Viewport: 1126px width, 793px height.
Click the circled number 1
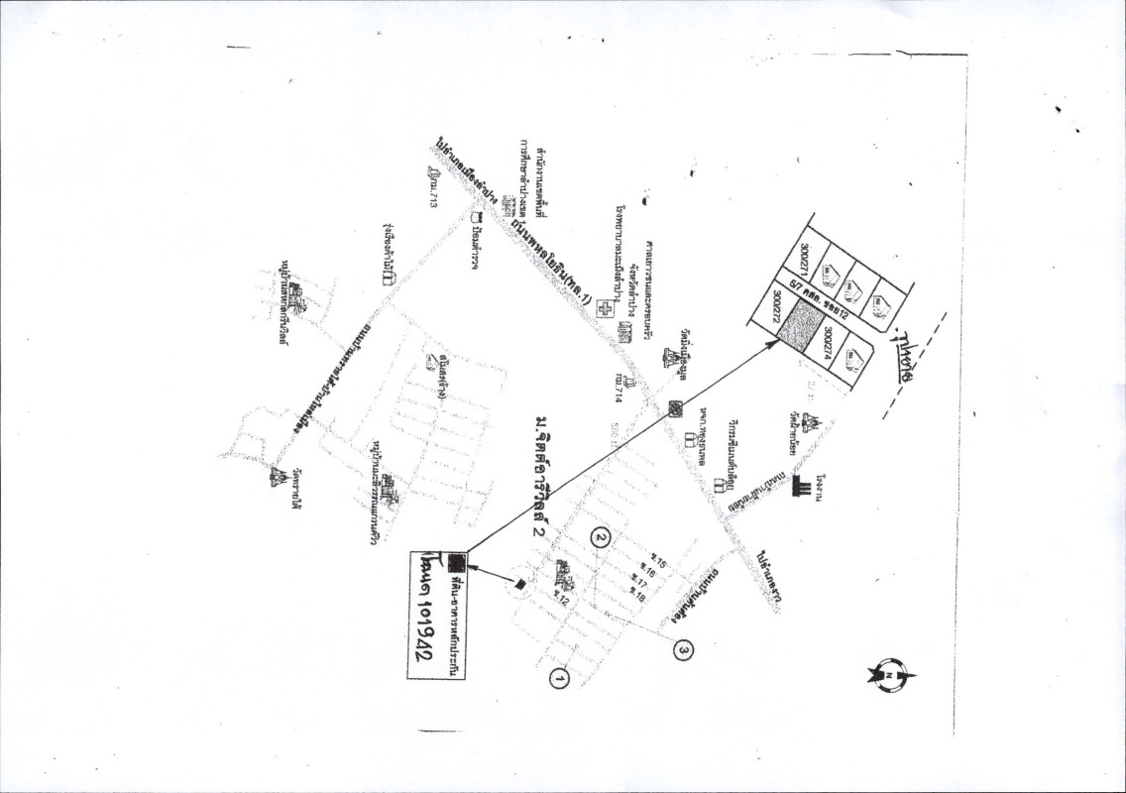[x=559, y=679]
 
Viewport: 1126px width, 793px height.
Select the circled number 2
[x=600, y=537]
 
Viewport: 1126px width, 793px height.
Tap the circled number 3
[x=683, y=649]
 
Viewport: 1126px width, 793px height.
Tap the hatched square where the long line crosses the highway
[x=674, y=406]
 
